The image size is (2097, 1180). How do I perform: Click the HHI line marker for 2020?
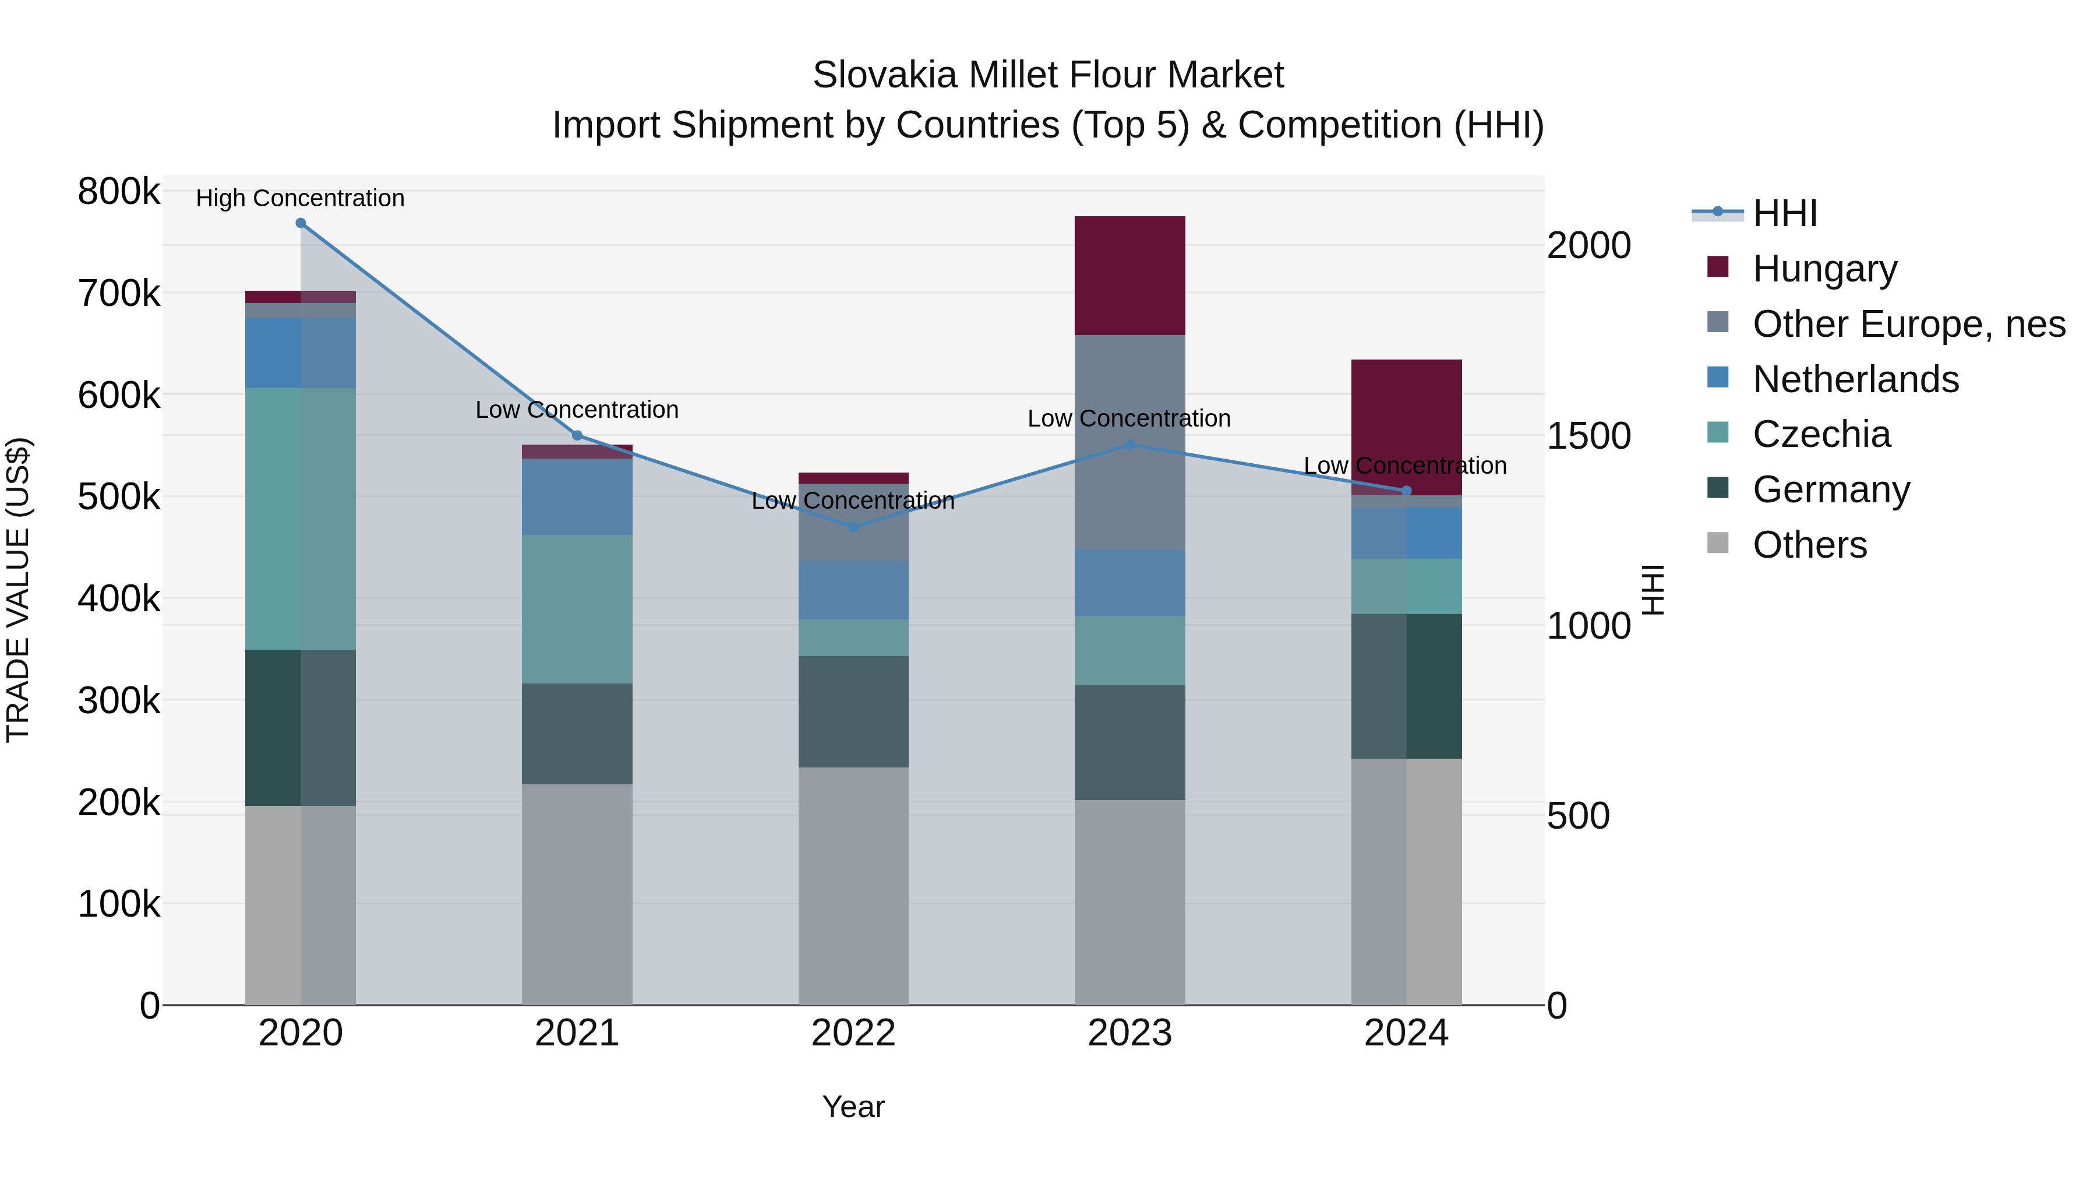click(x=301, y=223)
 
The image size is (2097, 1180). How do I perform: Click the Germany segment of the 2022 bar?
click(x=853, y=711)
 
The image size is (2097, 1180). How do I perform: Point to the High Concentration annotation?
click(x=301, y=199)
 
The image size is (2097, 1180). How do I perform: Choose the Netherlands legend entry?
click(x=1855, y=379)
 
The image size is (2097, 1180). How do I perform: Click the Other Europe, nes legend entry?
click(x=1908, y=324)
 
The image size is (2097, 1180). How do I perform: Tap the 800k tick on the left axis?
click(x=119, y=192)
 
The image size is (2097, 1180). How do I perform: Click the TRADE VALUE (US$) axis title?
click(x=18, y=590)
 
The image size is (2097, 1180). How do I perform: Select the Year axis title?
click(x=853, y=1107)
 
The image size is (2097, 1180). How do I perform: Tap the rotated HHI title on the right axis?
click(x=1653, y=590)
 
